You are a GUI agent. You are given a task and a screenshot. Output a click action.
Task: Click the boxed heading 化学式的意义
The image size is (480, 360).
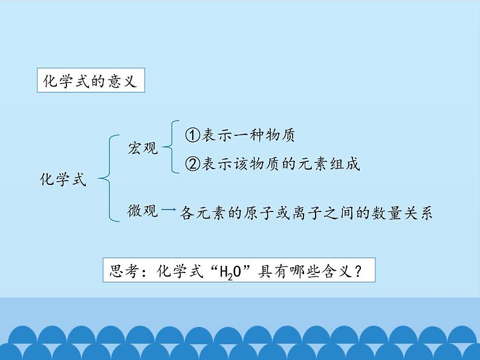click(91, 82)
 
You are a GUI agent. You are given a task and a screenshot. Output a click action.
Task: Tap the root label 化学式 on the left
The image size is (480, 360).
click(63, 179)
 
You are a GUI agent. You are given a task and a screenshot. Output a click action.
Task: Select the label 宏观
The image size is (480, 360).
click(143, 148)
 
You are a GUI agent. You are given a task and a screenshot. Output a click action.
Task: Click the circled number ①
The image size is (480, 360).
click(192, 135)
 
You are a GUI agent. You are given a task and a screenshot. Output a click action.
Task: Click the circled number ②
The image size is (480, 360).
click(192, 164)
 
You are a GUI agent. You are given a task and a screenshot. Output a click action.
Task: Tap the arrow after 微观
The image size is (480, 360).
click(170, 210)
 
